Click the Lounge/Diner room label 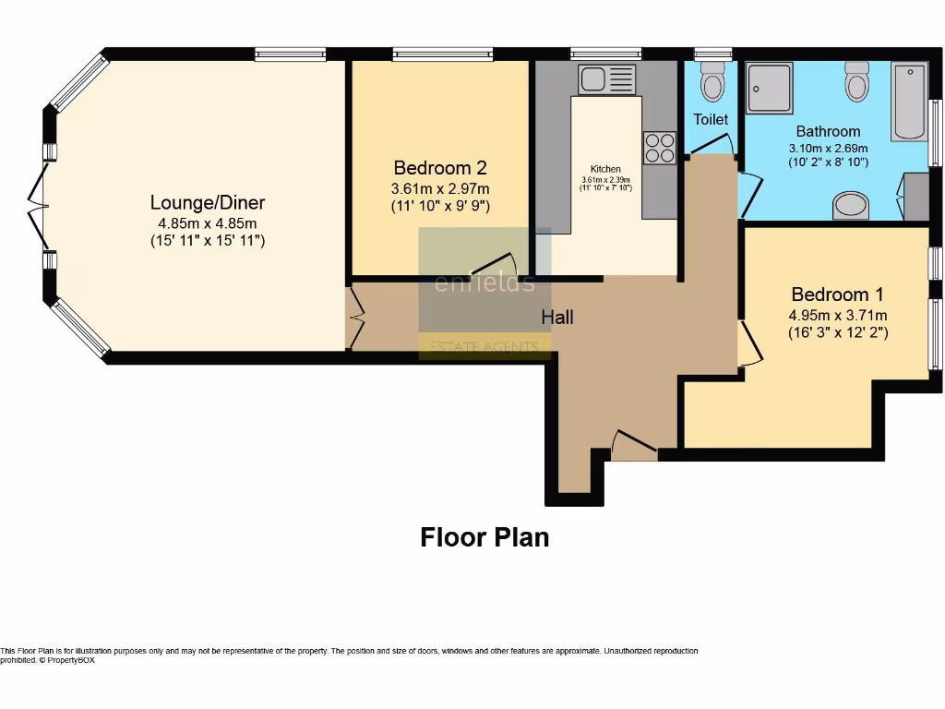208,202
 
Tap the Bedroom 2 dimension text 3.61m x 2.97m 439,188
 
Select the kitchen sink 606,79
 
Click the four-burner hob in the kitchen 659,148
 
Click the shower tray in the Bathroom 770,88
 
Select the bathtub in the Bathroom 909,102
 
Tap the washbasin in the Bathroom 851,205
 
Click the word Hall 557,318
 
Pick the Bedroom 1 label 837,294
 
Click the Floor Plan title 484,537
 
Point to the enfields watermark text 484,282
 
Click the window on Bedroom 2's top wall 442,54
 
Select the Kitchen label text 605,169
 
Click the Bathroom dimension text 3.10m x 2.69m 828,148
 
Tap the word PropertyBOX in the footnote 72,660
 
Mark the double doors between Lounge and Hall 353,318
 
